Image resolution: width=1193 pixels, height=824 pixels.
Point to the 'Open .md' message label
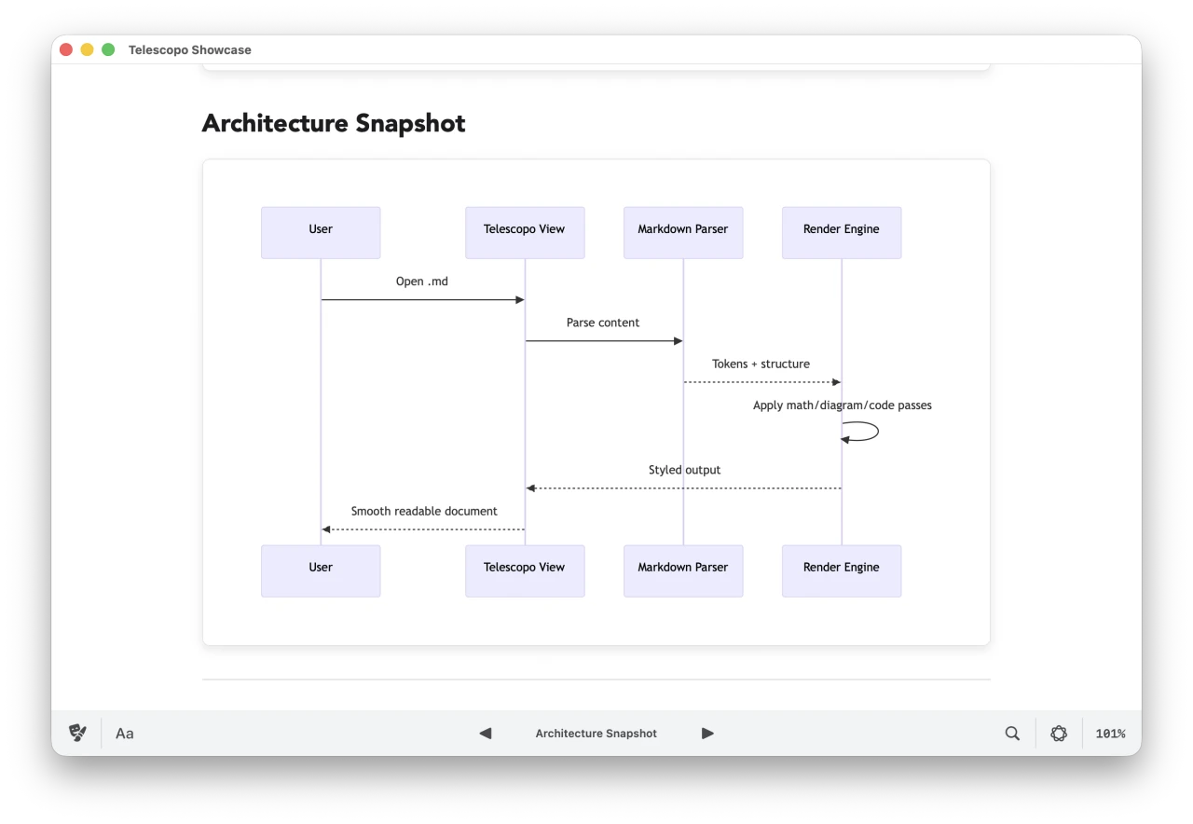click(x=422, y=282)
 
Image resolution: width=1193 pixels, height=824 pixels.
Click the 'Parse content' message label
click(x=603, y=323)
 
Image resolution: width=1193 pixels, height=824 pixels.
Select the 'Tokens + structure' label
click(x=761, y=364)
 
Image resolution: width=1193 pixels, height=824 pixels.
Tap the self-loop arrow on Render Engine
click(x=861, y=432)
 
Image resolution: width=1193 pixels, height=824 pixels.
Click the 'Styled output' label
click(x=684, y=471)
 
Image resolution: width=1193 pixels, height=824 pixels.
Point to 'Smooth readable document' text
click(x=424, y=512)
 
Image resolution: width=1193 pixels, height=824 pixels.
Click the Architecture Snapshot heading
click(x=334, y=123)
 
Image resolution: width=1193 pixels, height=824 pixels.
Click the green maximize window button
click(x=108, y=49)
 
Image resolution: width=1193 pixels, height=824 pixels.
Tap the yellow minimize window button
click(x=87, y=49)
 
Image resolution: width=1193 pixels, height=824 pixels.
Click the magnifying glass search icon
click(x=1012, y=734)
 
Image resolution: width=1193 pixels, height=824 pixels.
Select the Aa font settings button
click(x=125, y=734)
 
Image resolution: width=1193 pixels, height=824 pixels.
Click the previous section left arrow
click(x=486, y=734)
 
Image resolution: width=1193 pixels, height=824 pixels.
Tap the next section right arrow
click(x=707, y=734)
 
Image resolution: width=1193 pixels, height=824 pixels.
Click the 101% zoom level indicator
click(x=1110, y=734)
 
